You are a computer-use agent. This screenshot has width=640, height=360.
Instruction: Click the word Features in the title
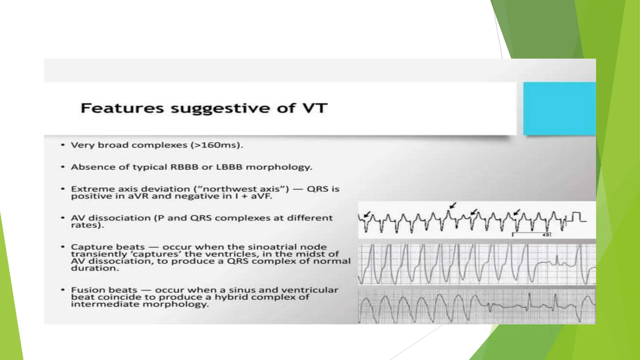coord(122,108)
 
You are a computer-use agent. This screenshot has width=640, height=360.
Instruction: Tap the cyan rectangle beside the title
coord(559,109)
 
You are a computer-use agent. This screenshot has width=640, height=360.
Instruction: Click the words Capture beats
coord(108,247)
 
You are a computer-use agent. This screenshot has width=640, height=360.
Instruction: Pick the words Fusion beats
coord(104,290)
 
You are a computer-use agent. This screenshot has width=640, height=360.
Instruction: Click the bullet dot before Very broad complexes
coord(63,145)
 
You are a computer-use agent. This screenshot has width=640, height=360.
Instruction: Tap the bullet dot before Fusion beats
coord(63,290)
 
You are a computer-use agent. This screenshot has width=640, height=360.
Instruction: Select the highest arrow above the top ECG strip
coord(452,205)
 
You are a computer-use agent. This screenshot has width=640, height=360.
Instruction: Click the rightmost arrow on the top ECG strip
coord(517,212)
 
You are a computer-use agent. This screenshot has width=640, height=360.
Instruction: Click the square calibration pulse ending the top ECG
coord(577,217)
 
